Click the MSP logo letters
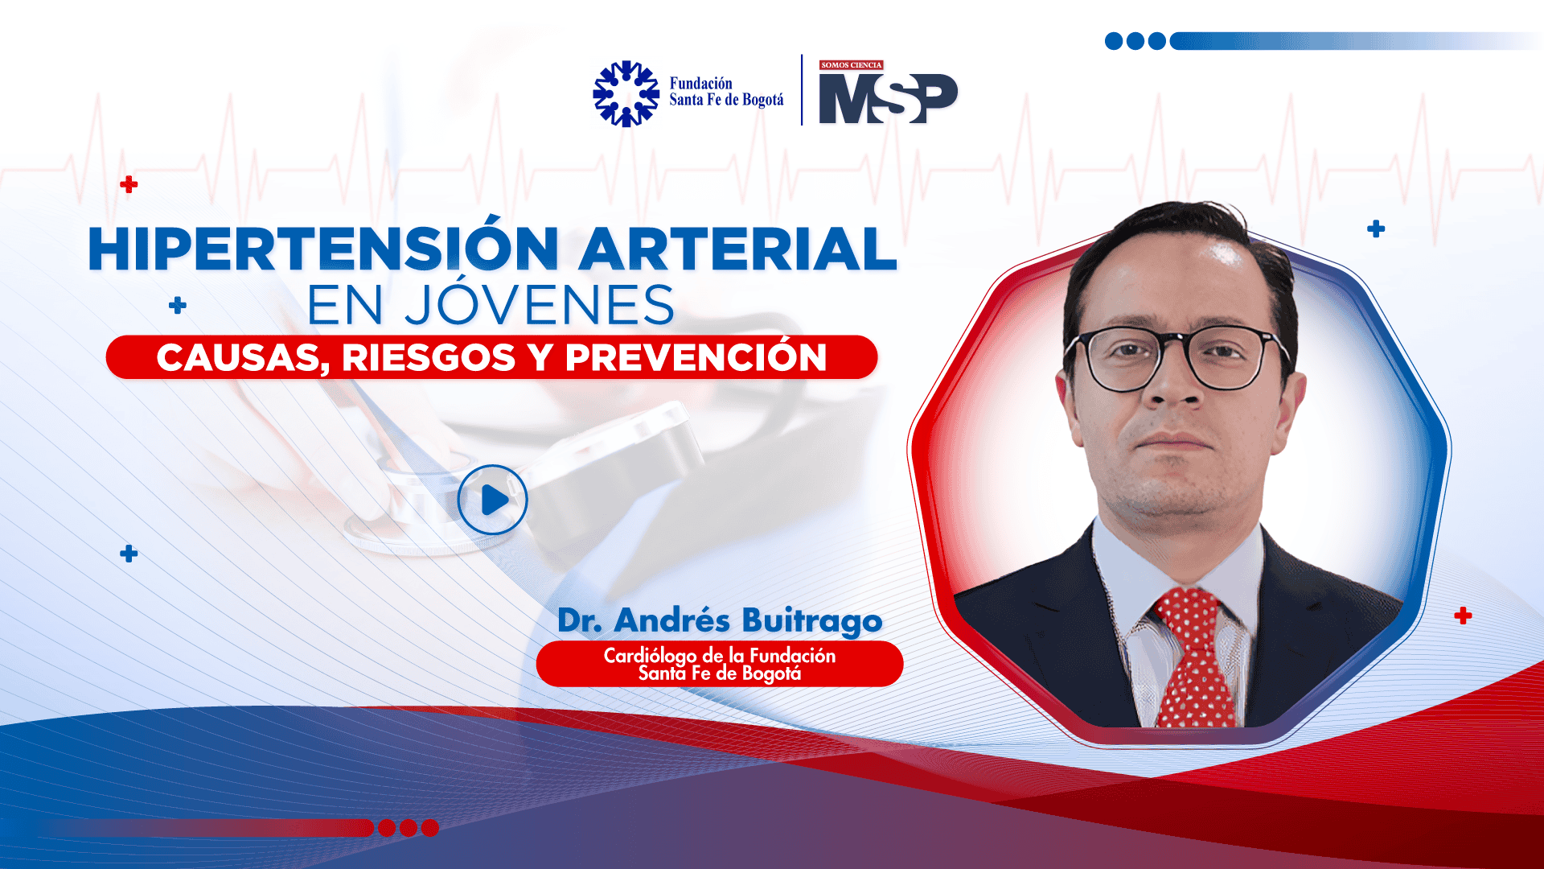point(888,98)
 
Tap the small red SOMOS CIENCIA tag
point(851,65)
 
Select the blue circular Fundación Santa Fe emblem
point(626,94)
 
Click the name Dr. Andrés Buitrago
point(720,620)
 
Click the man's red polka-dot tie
point(1193,656)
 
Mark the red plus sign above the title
point(129,184)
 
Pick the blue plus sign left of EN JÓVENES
point(178,305)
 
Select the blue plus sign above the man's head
point(1376,229)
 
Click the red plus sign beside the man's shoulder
point(1463,616)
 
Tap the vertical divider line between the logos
point(802,90)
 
